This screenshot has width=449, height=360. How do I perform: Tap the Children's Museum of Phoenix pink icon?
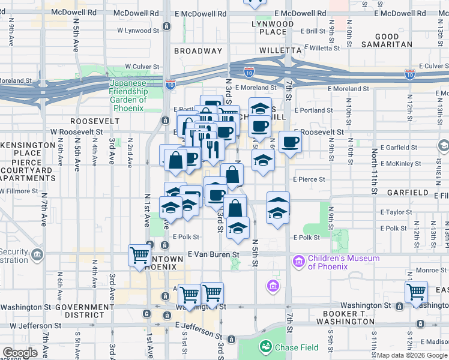coord(298,262)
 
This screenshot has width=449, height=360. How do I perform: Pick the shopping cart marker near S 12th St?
coord(416,292)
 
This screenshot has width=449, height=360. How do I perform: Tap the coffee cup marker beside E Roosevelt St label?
coord(290,142)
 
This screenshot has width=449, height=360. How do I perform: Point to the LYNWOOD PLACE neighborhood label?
coord(273,28)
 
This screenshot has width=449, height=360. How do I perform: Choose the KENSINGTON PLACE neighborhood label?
coord(22,149)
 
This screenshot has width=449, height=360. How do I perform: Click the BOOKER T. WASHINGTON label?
coord(349,317)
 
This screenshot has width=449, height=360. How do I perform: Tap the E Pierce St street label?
coord(309,179)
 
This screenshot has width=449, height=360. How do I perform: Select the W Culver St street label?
coord(142,67)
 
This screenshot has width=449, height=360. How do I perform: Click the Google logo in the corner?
coord(19,353)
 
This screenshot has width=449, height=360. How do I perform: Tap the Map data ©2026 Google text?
coord(412,355)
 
